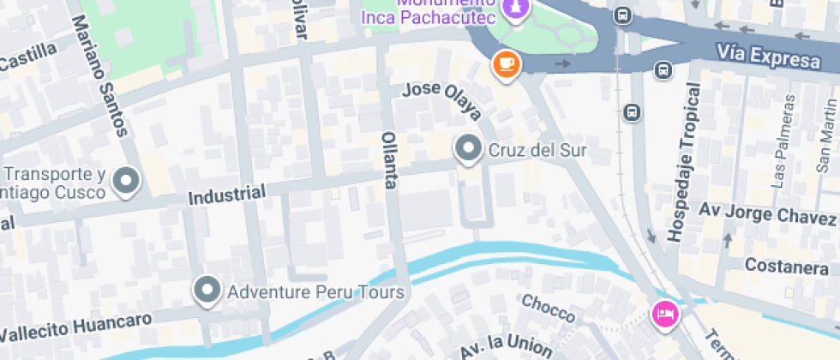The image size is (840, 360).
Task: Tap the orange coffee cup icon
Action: (507, 64)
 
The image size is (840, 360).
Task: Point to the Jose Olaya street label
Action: (441, 101)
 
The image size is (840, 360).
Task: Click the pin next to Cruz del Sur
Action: (468, 149)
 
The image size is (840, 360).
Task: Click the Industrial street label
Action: (226, 195)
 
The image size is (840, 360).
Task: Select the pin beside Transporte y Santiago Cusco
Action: (127, 181)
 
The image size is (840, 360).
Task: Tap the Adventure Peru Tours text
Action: (315, 292)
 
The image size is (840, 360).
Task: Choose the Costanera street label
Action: (786, 267)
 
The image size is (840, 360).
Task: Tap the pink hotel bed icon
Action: (665, 314)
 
